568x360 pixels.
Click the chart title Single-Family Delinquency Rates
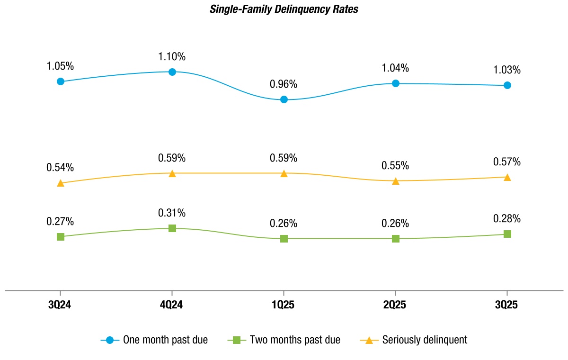[x=284, y=9]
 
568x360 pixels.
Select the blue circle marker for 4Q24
[x=172, y=72]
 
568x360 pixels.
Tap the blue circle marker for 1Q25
[x=284, y=99]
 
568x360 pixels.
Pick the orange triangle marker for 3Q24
[x=61, y=183]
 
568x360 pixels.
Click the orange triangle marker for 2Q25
[x=396, y=181]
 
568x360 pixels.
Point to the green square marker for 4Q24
[x=172, y=228]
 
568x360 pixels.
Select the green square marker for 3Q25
[x=507, y=234]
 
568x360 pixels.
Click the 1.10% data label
[x=172, y=57]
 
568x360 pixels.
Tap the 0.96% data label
[x=284, y=84]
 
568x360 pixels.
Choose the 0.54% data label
[x=60, y=168]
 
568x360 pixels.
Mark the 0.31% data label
[x=172, y=213]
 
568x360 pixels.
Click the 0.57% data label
[x=507, y=162]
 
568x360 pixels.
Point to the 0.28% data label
[x=507, y=219]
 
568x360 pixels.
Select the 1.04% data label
[x=396, y=68]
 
